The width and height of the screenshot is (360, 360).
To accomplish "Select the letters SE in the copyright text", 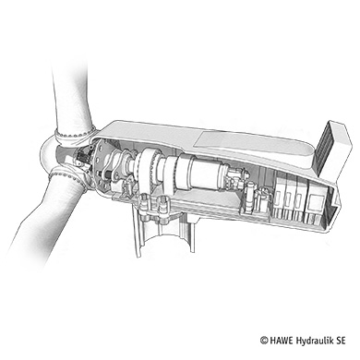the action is coord(341,341).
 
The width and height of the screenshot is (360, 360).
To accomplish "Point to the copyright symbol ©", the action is coord(264,341).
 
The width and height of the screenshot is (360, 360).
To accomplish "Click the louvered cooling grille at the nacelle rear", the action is coord(325,149).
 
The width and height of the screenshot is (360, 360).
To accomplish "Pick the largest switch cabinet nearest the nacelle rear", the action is coord(318,204).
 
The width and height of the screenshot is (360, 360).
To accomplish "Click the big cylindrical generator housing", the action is coord(199,174).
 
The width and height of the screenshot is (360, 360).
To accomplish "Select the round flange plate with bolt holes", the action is coord(101,167).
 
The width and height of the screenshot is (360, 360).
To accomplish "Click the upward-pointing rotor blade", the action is coord(72,99).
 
